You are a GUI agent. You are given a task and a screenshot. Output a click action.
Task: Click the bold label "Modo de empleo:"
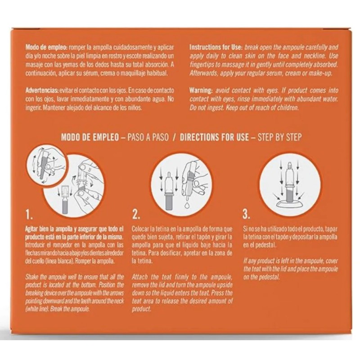coord(46,48)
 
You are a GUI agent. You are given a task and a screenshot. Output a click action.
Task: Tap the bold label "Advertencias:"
coord(42,90)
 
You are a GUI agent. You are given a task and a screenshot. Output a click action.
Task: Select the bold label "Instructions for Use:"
coord(216,48)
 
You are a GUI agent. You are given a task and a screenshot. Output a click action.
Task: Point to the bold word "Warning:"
coord(201,90)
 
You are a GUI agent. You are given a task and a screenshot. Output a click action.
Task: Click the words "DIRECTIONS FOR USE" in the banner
coord(214,137)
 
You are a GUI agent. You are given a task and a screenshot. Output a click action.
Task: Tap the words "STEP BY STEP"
coord(279,137)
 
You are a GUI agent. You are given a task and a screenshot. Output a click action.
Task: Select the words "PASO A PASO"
coord(148,137)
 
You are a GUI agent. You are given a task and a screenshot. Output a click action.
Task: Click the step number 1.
coord(29,215)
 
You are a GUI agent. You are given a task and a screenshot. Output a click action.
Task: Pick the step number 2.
coord(136,215)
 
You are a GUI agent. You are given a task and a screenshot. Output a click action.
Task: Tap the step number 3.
coord(246,215)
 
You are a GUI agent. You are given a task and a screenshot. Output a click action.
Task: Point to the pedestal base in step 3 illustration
coord(290,205)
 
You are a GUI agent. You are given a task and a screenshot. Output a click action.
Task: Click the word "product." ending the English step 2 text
coord(142,309)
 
